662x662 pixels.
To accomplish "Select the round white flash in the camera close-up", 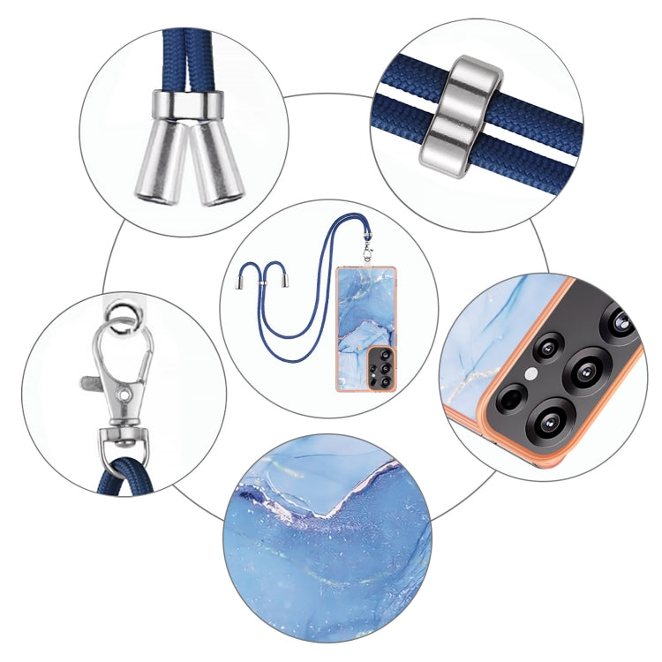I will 531,373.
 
